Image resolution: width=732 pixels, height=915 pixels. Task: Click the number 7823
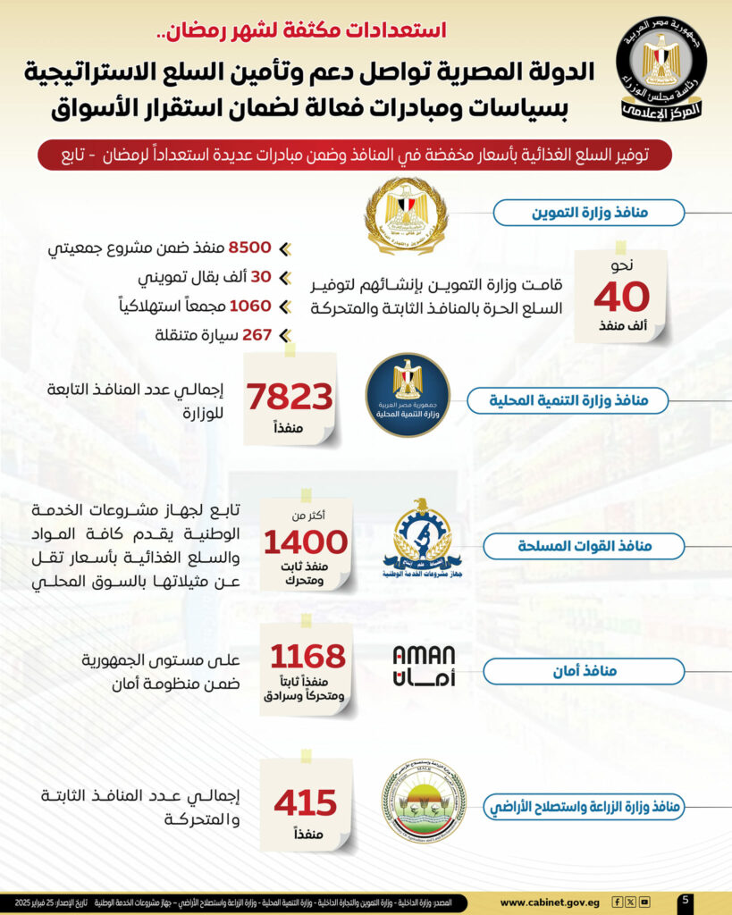[290, 397]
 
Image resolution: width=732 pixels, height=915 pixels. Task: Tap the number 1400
[305, 541]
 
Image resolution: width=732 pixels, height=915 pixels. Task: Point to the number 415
[305, 802]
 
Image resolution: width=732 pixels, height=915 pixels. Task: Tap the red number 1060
[249, 306]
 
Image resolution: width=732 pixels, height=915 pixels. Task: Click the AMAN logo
[424, 667]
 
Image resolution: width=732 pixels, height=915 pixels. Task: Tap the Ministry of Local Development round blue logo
[407, 395]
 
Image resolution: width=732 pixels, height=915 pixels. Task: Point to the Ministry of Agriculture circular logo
[423, 801]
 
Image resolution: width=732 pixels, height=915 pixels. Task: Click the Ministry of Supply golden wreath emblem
[406, 215]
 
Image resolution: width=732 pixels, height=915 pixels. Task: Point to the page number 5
[684, 901]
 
